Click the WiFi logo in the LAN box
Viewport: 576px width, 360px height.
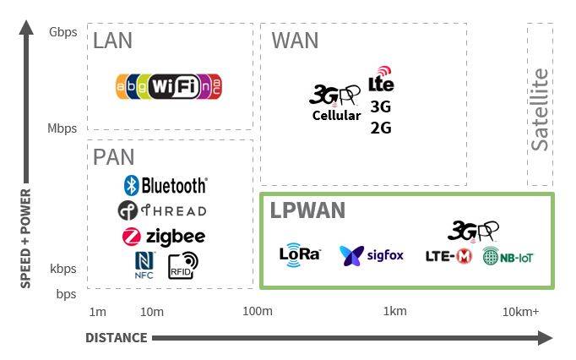pos(170,85)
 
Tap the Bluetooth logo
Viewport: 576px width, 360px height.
pos(165,185)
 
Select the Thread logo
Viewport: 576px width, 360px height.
pos(162,210)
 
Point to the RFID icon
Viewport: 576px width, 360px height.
pos(182,265)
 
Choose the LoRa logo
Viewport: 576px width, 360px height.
pos(300,254)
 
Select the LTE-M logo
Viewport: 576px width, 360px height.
pos(448,256)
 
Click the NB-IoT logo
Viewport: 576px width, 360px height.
pos(508,257)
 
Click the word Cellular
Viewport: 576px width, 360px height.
pos(336,116)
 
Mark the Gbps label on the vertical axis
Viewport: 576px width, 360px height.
pos(62,32)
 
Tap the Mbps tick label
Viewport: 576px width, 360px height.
pos(62,128)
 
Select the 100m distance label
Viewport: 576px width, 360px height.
pos(257,312)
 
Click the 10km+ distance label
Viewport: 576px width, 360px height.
pos(520,312)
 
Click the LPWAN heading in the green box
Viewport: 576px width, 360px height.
pos(307,210)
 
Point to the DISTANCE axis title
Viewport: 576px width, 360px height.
pos(116,338)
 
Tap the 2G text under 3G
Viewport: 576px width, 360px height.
pos(381,128)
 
